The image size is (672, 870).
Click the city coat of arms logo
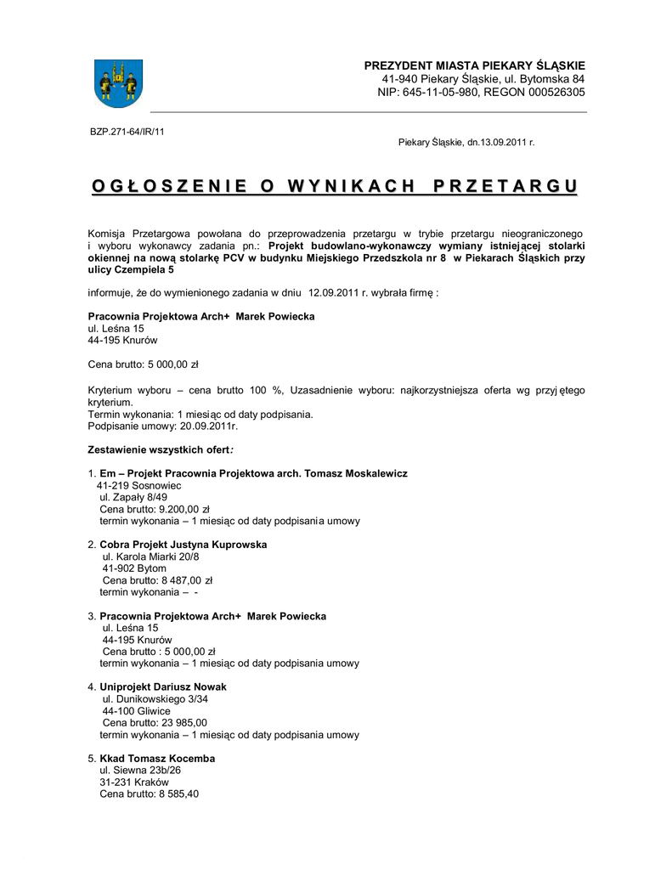click(x=117, y=82)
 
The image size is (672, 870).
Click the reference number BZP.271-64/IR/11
click(x=127, y=132)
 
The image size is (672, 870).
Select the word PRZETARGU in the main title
click(x=506, y=185)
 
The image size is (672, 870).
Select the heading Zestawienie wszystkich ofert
click(x=161, y=449)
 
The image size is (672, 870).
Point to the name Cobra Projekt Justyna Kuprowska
click(x=184, y=544)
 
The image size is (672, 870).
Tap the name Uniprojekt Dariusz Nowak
click(x=163, y=686)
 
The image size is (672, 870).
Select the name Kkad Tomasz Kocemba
click(x=157, y=758)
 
